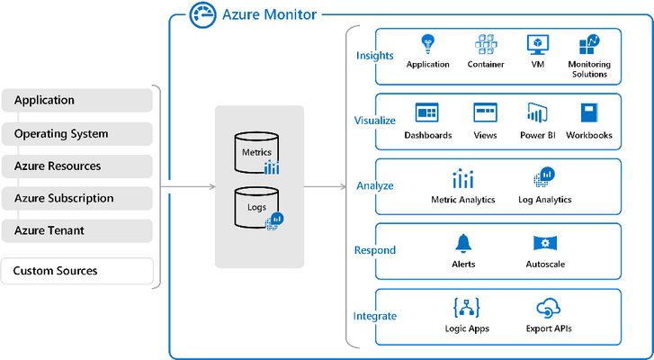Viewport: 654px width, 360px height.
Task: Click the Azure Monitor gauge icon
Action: [x=202, y=14]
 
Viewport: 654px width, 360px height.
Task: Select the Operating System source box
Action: [x=77, y=134]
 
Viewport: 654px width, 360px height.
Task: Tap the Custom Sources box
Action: [x=77, y=271]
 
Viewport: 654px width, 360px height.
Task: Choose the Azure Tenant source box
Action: [x=77, y=230]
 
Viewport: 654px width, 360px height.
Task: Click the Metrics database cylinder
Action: [x=256, y=153]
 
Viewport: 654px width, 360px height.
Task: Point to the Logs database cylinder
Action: [x=256, y=207]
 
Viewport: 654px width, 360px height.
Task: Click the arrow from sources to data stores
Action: [x=188, y=186]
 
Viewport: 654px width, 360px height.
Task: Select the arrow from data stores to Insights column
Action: [x=326, y=186]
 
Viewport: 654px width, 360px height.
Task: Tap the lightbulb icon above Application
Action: [x=427, y=44]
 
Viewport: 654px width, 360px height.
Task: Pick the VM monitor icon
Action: [x=538, y=45]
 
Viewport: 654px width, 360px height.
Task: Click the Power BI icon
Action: [x=537, y=112]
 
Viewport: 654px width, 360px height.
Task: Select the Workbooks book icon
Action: [x=589, y=112]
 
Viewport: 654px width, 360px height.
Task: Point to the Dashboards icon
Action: [x=427, y=112]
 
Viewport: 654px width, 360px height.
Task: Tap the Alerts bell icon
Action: [x=463, y=243]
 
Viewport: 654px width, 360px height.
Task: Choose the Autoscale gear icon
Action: [x=545, y=243]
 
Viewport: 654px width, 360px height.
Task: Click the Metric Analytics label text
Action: [x=463, y=200]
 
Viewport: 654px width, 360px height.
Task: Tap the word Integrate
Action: [x=375, y=316]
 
